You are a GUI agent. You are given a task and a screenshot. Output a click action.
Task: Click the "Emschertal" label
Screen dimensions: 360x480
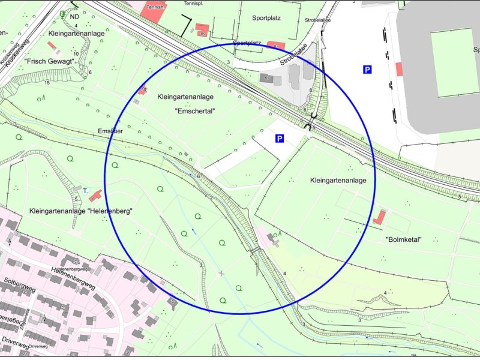[194, 111]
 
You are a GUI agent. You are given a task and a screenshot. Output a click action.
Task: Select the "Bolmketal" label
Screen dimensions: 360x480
[403, 239]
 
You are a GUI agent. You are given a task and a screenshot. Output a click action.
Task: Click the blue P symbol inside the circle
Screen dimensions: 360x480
[279, 139]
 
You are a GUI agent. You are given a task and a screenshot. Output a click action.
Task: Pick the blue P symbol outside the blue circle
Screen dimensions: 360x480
[367, 70]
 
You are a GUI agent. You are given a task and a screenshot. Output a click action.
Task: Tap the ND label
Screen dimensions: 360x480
[74, 17]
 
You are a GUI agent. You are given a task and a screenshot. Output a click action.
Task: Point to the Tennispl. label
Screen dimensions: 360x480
[194, 3]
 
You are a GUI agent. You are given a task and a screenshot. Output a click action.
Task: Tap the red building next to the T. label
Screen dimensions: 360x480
[95, 195]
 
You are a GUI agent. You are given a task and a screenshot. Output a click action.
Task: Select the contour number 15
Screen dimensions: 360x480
[47, 82]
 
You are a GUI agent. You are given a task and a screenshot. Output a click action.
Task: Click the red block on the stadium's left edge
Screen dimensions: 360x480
[399, 68]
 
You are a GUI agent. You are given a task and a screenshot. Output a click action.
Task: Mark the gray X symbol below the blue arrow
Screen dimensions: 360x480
[222, 274]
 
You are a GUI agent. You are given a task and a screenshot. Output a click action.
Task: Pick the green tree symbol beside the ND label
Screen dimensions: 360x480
[64, 13]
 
